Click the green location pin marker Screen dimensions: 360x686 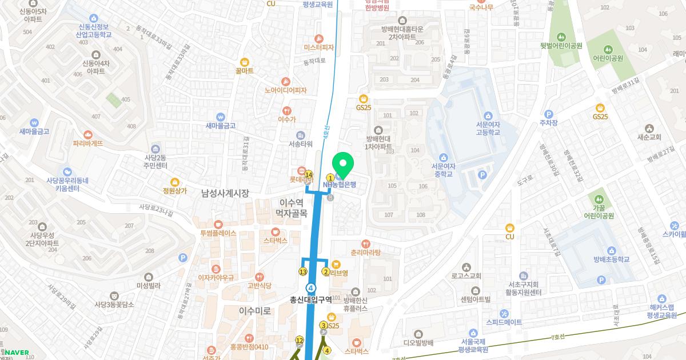343,166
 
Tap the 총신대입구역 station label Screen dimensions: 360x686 311,299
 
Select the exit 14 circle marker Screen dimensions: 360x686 309,174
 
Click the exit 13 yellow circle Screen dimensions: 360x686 303,271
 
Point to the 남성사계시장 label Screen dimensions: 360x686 225,194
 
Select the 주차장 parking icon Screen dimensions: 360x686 549,114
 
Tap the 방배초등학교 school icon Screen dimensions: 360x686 611,250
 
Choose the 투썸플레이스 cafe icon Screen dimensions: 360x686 218,224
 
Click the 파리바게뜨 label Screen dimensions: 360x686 87,143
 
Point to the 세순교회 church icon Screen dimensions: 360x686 649,128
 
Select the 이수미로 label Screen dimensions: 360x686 255,311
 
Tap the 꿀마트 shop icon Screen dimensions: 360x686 244,62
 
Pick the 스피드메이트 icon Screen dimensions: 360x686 504,313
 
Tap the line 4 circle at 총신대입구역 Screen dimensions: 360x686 311,287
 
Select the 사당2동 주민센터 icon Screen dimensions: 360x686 154,149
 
